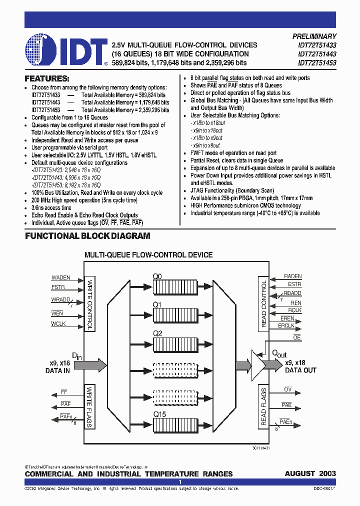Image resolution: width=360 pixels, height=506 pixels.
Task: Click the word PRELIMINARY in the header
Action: point(314,36)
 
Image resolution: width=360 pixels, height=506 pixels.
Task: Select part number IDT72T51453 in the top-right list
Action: point(317,63)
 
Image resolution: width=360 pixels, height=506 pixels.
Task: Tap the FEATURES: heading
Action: point(47,78)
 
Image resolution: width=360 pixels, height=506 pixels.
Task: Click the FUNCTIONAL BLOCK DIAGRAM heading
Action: point(87,236)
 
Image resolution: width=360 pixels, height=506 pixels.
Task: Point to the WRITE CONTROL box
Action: point(90,303)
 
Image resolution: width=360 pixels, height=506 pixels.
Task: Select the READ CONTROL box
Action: point(264,303)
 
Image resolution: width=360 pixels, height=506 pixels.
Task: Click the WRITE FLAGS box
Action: point(90,406)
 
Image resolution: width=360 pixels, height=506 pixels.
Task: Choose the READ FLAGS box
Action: point(264,406)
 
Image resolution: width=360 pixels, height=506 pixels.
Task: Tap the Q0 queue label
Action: point(158,275)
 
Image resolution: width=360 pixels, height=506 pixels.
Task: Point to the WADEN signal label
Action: point(61,277)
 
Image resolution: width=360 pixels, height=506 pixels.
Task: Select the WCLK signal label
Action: point(58,324)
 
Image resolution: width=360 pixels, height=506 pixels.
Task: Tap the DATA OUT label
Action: point(300,370)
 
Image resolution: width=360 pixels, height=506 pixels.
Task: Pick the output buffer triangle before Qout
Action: point(257,365)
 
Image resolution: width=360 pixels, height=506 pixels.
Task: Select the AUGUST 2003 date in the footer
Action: point(310,473)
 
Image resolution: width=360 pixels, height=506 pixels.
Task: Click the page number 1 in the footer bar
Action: point(180,482)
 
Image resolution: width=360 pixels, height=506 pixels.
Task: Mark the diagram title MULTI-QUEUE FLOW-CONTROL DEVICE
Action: point(148,255)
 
